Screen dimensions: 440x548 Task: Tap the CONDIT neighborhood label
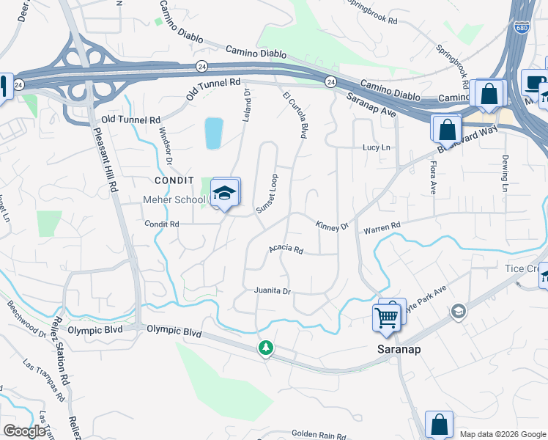click(x=174, y=180)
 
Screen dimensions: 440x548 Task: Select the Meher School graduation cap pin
click(x=226, y=193)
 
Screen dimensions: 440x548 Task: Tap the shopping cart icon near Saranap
click(x=385, y=318)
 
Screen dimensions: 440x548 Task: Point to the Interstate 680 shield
click(x=521, y=27)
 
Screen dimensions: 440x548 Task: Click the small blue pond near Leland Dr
click(x=213, y=133)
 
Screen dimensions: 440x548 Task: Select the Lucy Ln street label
click(x=377, y=147)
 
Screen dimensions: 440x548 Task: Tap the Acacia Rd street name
click(x=286, y=249)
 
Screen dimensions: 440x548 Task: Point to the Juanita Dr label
click(x=273, y=291)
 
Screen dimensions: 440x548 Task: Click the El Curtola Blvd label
click(x=295, y=115)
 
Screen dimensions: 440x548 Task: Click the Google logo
click(x=25, y=431)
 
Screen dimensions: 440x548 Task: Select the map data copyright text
click(x=502, y=433)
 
